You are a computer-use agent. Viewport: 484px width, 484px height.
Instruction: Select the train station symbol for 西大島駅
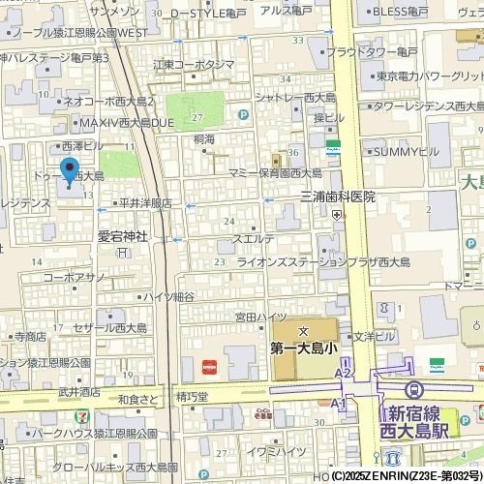pos(415,389)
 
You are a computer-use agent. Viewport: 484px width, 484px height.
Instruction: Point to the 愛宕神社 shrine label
pos(123,235)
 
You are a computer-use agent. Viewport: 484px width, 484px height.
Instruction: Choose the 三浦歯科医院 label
pos(337,197)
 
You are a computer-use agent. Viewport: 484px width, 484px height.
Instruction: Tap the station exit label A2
pos(343,373)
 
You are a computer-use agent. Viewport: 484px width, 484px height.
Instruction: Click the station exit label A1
pos(338,403)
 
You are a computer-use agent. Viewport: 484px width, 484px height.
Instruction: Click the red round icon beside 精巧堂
pos(209,367)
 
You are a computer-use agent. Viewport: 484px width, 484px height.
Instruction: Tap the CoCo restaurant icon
pos(261,410)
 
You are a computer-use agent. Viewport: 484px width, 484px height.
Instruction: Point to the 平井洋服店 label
pos(144,203)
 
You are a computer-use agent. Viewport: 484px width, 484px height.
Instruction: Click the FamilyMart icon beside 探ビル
pos(333,149)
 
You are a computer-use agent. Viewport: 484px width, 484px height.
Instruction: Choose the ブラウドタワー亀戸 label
pos(372,51)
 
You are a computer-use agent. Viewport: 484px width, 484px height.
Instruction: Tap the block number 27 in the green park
pos(197,117)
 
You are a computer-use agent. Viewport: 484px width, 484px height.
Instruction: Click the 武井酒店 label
pos(78,392)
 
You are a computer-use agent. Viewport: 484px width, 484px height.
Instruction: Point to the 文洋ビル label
pos(374,337)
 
